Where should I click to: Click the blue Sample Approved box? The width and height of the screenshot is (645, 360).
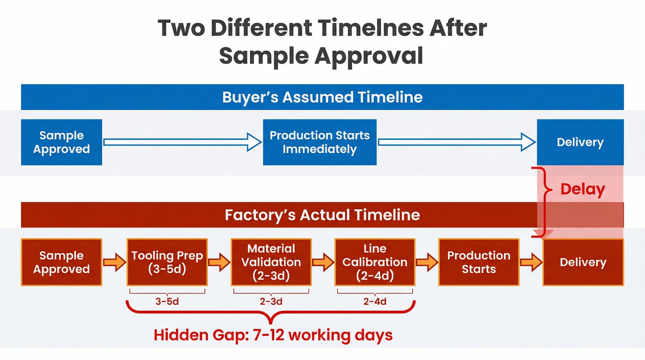(x=61, y=142)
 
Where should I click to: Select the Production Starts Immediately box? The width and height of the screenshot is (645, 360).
(x=319, y=142)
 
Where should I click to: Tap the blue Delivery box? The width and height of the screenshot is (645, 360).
(x=580, y=142)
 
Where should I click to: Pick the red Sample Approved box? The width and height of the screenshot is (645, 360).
(x=61, y=262)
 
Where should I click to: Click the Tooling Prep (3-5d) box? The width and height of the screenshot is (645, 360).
(x=167, y=262)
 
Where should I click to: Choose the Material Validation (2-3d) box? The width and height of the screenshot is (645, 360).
(x=271, y=262)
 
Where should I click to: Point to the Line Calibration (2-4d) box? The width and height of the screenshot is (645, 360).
(x=375, y=262)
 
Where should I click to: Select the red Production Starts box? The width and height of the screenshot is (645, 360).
(x=479, y=262)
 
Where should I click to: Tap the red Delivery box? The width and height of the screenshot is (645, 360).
(x=583, y=262)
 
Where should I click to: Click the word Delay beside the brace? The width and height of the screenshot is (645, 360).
(x=583, y=190)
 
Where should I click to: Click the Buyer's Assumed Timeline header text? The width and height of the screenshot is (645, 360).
(x=322, y=97)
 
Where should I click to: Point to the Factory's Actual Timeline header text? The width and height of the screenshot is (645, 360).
(x=322, y=215)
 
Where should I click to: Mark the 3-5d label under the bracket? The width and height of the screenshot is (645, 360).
(x=167, y=301)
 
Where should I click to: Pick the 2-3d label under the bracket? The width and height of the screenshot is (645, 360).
(x=271, y=301)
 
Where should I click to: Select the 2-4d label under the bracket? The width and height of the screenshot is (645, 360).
(x=375, y=301)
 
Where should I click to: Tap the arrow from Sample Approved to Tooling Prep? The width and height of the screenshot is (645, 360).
(x=115, y=262)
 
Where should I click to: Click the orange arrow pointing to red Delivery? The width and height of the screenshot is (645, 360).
(x=531, y=262)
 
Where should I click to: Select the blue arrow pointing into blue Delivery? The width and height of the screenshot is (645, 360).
(x=457, y=142)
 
